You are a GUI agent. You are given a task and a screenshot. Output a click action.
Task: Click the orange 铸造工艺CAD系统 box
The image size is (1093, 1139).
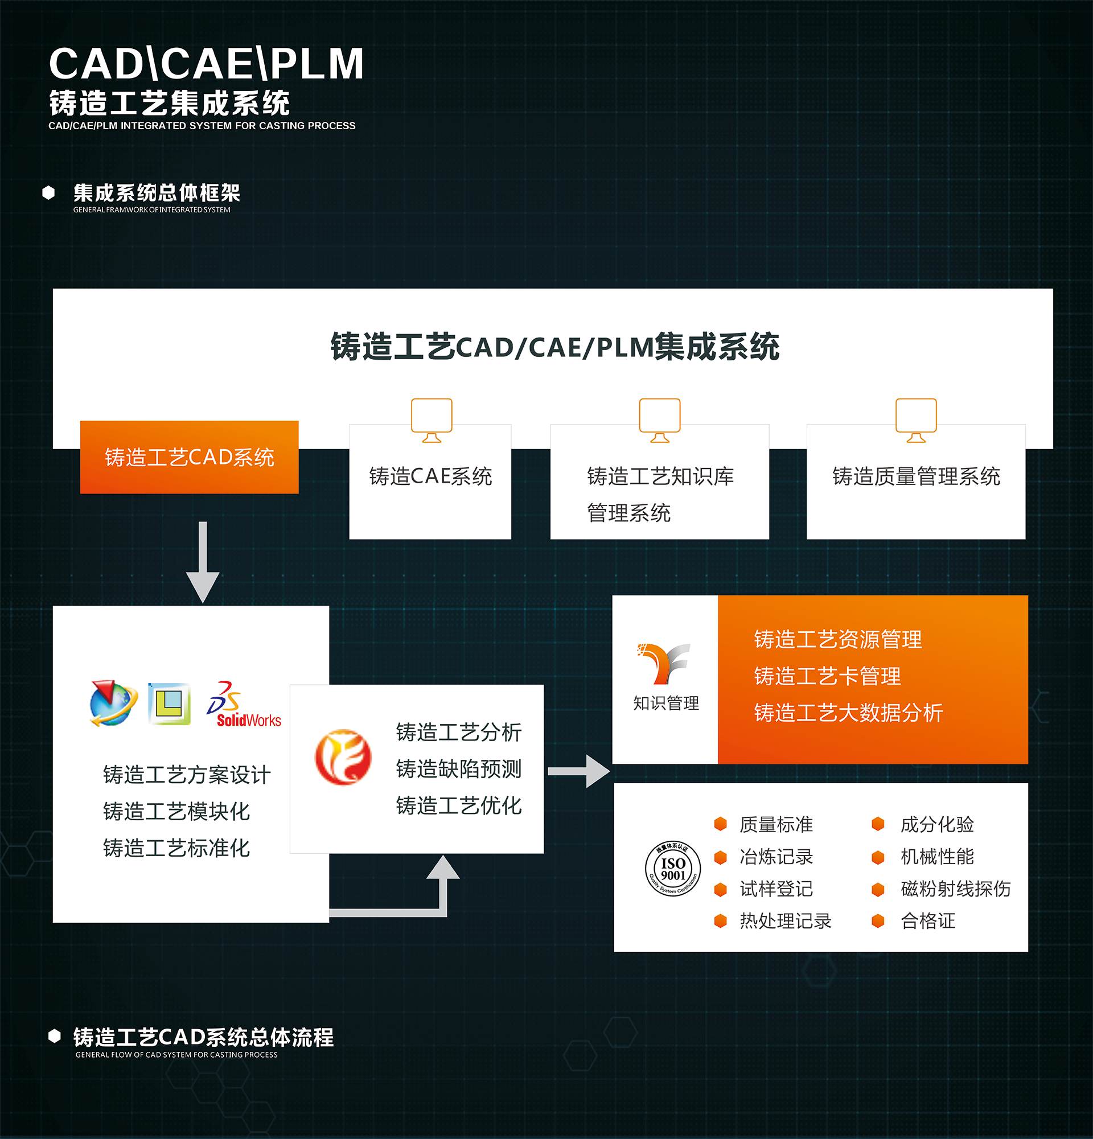point(189,457)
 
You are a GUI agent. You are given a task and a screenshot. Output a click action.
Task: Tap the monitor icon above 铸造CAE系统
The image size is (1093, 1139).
point(431,420)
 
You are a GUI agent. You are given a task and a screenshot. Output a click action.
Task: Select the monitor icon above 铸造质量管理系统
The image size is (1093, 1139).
point(916,420)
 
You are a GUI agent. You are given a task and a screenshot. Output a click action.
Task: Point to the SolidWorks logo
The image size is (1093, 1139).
point(244,705)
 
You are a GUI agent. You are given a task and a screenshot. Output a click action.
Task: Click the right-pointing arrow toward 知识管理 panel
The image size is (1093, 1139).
point(579,771)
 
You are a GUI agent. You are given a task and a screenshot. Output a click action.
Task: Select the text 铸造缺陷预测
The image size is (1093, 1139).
point(458,769)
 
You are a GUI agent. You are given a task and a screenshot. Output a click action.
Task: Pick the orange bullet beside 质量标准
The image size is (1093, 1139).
point(721,824)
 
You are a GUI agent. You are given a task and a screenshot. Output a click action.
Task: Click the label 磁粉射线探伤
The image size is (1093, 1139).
point(955,889)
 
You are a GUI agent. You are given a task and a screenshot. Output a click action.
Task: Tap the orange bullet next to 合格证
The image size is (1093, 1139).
point(878,920)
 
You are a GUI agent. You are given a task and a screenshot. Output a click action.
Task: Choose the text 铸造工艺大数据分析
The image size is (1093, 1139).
point(848,713)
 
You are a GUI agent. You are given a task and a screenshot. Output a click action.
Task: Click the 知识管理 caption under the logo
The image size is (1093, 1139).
point(666,703)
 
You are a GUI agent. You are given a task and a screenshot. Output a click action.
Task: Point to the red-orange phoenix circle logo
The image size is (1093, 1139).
point(343,757)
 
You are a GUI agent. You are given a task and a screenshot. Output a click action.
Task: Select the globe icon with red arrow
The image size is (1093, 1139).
point(113,704)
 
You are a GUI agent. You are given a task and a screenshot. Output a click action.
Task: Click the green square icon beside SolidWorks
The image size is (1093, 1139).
point(169,704)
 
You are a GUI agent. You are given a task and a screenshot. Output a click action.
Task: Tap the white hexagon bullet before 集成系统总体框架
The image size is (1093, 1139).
point(49,193)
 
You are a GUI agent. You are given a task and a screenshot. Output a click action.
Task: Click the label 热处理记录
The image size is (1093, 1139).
point(785,920)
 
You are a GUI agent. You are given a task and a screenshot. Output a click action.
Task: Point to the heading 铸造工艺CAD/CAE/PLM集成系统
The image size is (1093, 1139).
point(554,347)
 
